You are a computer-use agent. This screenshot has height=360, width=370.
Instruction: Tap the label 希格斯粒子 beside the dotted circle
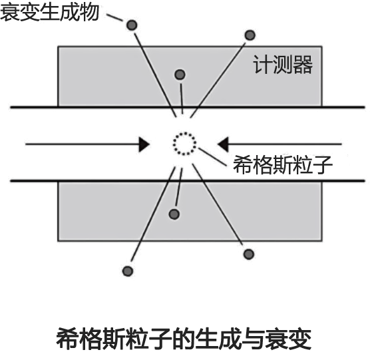coord(283,164)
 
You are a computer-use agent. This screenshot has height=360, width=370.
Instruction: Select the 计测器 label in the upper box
coord(283,65)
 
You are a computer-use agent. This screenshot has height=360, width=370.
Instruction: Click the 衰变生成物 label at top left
coord(49,12)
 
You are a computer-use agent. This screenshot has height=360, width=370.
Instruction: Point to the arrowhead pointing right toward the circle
coord(144,144)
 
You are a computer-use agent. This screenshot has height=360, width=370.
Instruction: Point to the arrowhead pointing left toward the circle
coord(223,144)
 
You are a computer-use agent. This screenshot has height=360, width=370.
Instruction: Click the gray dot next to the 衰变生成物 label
coord(132,25)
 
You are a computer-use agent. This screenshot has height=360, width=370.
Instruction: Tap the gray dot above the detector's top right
coord(250,35)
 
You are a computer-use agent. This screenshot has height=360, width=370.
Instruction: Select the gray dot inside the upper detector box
coord(180,75)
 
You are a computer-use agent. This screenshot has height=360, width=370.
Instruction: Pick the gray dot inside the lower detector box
coord(174,214)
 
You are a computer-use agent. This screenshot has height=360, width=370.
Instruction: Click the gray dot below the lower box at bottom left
coord(128,271)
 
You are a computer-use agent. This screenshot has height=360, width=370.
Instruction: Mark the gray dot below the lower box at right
coord(248,254)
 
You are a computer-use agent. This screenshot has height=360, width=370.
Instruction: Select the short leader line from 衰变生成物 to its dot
coord(114,17)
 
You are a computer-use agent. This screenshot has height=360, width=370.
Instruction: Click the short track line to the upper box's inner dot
coord(182,99)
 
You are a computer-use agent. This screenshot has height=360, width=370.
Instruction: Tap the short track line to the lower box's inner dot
coord(179,187)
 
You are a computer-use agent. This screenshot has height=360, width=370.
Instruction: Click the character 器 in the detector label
coord(303,65)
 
